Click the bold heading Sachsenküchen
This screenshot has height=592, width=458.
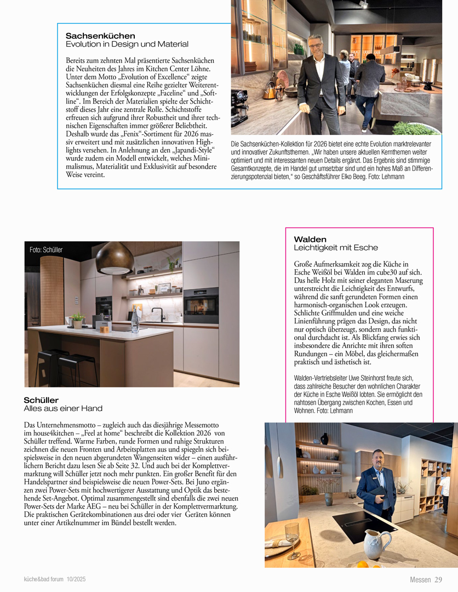100,36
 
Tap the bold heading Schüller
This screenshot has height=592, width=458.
41,400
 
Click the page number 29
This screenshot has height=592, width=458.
438,580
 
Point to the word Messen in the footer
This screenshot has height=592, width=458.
420,580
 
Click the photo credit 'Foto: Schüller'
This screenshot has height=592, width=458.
46,250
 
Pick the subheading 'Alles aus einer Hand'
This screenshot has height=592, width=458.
63,408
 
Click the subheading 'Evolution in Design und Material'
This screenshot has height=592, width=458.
127,44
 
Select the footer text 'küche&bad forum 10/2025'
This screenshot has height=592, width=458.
55,579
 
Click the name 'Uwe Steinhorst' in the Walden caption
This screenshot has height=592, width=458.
377,379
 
